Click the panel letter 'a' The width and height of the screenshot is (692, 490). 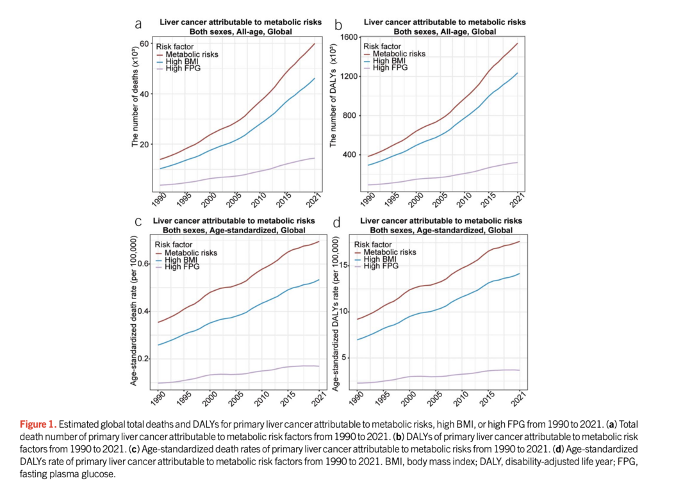pyautogui.click(x=138, y=24)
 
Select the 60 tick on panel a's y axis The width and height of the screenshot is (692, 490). pyautogui.click(x=145, y=44)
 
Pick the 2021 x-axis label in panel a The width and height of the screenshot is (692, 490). pyautogui.click(x=313, y=200)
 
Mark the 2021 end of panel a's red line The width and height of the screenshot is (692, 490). pyautogui.click(x=315, y=44)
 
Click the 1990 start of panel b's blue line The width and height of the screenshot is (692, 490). pyautogui.click(x=368, y=165)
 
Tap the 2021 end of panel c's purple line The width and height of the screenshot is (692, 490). pyautogui.click(x=319, y=366)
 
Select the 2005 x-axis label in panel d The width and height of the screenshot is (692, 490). pyautogui.click(x=438, y=398)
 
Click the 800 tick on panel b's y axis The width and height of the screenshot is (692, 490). pyautogui.click(x=347, y=116)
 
